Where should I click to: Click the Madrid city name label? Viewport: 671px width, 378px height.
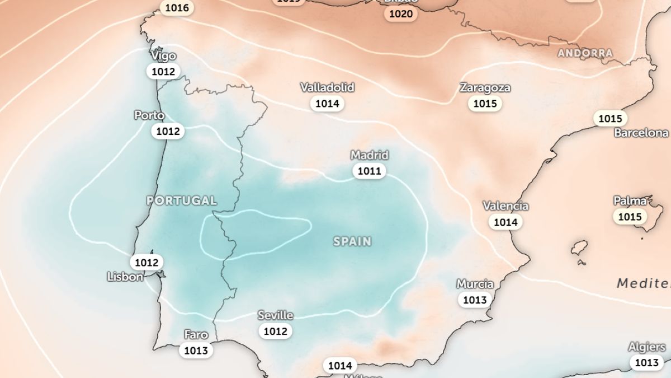tap(370, 155)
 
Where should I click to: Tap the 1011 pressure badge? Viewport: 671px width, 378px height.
tap(370, 171)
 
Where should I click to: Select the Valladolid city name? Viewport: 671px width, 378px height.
tap(327, 88)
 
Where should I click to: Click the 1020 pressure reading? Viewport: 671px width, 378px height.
tap(401, 14)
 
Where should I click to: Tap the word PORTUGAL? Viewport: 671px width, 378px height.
tap(181, 200)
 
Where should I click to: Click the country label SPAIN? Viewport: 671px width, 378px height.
tap(352, 241)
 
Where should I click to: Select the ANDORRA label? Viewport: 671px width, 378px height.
tap(585, 53)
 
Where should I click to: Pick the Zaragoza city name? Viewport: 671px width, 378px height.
tap(485, 88)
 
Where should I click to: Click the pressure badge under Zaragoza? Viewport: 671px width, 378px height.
tap(485, 104)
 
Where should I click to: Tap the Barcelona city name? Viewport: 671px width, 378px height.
tap(641, 133)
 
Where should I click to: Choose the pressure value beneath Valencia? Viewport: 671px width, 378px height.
tap(505, 222)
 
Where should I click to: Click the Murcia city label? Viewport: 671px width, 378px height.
tap(475, 284)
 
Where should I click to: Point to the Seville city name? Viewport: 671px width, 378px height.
tap(275, 315)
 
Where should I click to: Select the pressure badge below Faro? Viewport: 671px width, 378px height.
tap(196, 351)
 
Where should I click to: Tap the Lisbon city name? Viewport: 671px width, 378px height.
tap(125, 277)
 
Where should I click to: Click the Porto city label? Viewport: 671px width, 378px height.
tap(149, 115)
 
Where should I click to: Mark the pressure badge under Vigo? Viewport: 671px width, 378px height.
tap(163, 72)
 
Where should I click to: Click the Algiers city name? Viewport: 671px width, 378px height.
tap(646, 347)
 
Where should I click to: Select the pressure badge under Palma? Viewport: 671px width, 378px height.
tap(629, 216)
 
